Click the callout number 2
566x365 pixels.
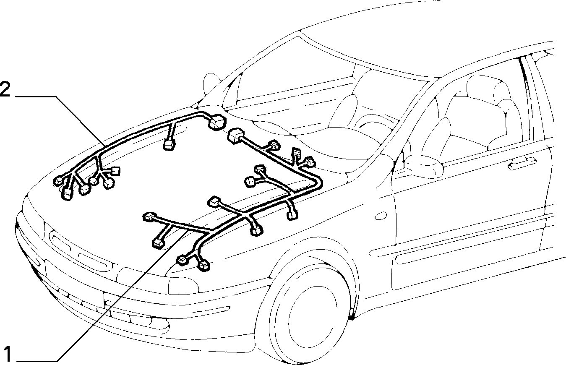(x=5, y=89)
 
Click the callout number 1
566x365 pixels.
(x=8, y=354)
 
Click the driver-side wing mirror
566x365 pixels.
(x=423, y=166)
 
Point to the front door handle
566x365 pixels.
(x=522, y=163)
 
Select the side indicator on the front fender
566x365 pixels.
(x=381, y=216)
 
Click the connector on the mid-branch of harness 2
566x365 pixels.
(x=169, y=145)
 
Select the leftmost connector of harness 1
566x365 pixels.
(x=149, y=216)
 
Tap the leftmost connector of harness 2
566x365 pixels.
(x=58, y=181)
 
